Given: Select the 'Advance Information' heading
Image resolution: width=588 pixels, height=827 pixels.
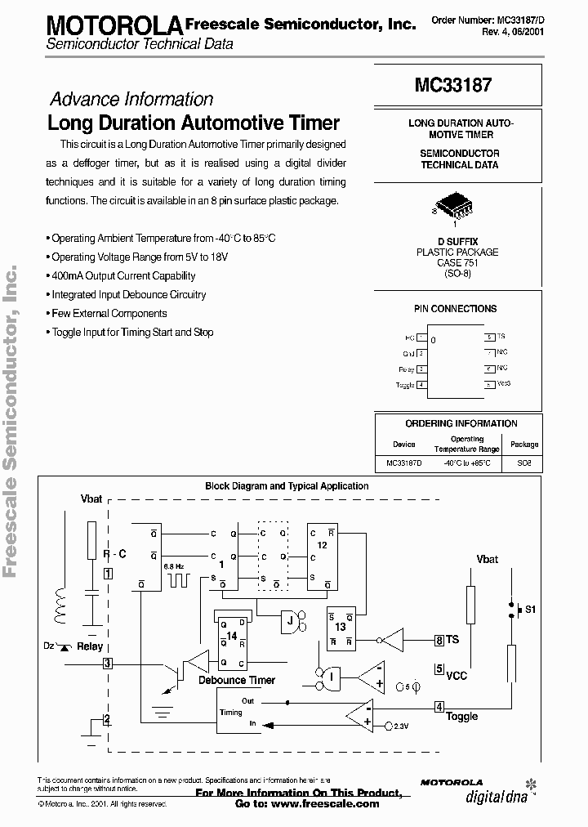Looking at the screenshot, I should [x=131, y=100].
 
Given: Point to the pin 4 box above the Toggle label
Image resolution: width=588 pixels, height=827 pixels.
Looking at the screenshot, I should [x=439, y=707].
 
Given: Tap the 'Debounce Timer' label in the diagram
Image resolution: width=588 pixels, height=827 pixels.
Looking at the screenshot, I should [x=236, y=680].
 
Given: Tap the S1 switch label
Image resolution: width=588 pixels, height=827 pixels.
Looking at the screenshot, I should [x=530, y=610].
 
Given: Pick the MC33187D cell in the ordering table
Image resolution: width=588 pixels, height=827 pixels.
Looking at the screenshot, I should [x=403, y=463].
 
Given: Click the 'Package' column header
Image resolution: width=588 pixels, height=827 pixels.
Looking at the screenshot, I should [x=524, y=445].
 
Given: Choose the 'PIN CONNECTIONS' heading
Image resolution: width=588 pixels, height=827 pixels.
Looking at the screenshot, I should [x=455, y=309].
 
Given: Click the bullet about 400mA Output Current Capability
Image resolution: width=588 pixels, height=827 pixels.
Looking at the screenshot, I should [x=122, y=276].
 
